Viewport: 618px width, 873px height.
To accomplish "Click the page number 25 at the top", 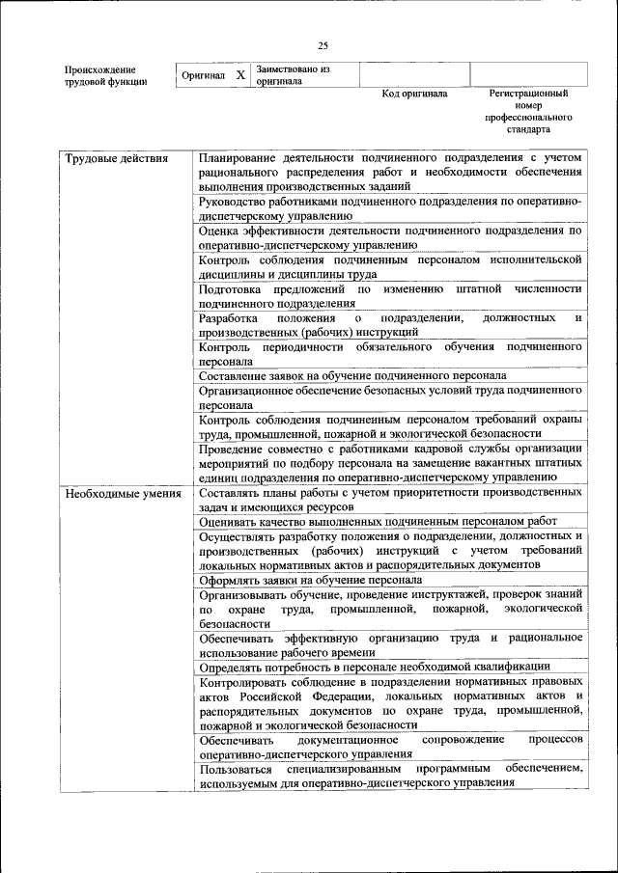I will pos(323,44).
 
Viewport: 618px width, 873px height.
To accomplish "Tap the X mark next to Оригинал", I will pos(240,74).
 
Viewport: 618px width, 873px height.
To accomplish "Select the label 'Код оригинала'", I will pos(414,95).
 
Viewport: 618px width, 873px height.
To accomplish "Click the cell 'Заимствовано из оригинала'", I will pos(294,75).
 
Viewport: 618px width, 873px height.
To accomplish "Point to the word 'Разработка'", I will pos(228,317).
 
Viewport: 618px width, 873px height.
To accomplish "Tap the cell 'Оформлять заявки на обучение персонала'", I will pos(310,581).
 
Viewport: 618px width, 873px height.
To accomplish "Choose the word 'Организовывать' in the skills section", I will pos(246,595).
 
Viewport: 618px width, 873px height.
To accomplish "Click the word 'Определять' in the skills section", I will pos(233,667).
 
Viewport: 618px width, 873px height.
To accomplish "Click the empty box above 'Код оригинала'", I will pos(414,74).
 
